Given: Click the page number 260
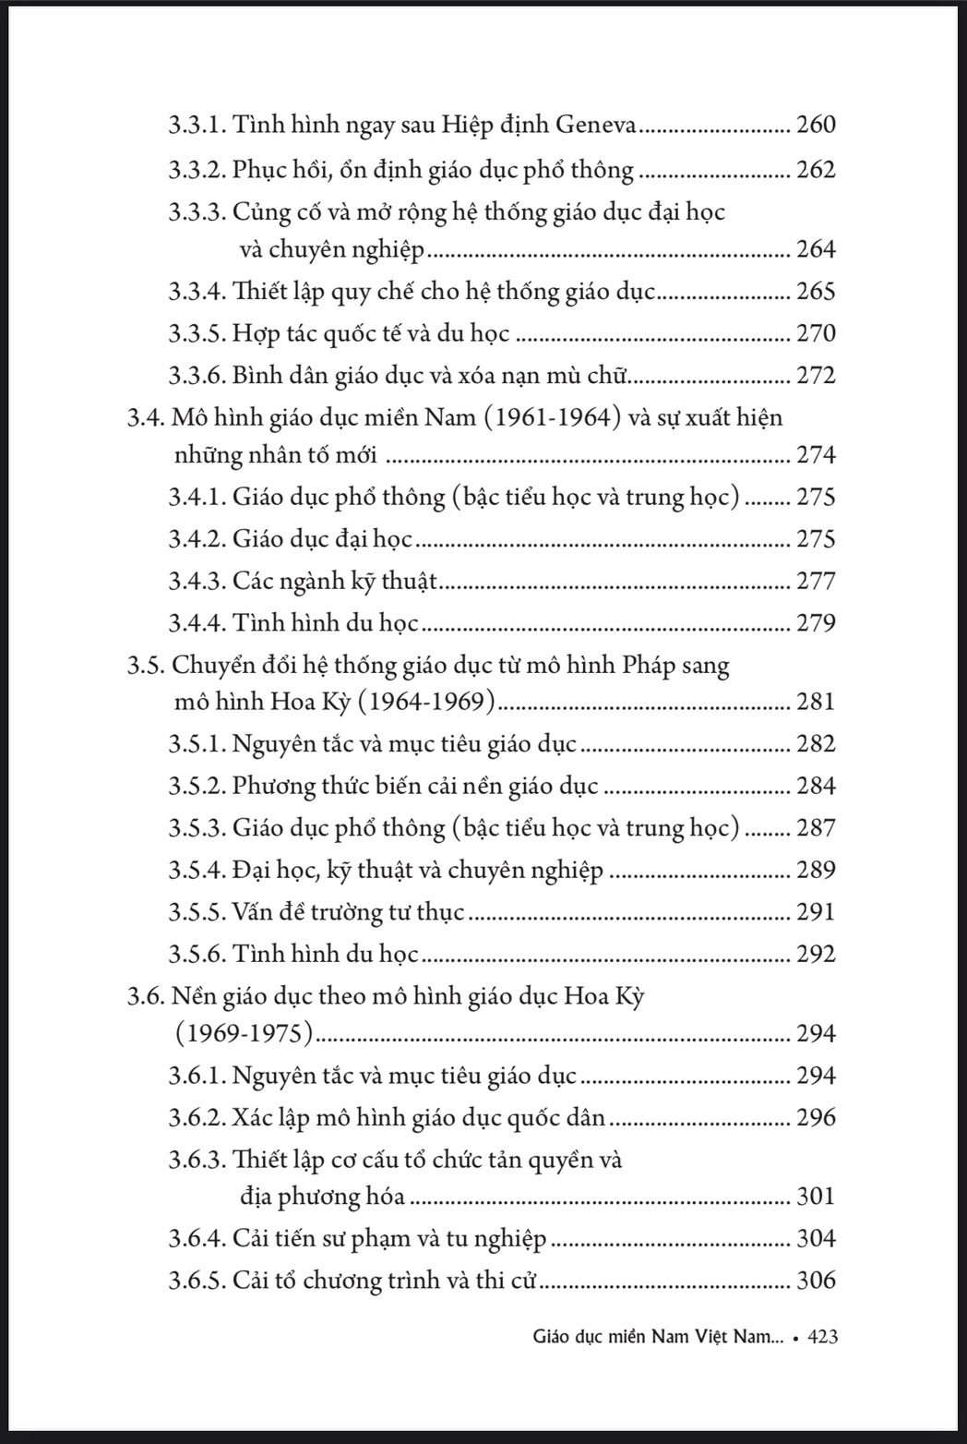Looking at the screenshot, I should tap(816, 125).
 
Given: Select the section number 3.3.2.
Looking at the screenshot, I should tap(197, 170).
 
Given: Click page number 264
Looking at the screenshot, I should tap(816, 249).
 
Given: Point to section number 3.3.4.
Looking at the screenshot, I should tap(197, 292).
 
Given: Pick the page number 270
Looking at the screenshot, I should tap(816, 333).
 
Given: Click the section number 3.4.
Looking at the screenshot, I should tap(146, 418).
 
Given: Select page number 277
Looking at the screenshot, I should tap(816, 581).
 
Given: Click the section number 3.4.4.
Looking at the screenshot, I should tap(197, 622).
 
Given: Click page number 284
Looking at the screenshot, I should tap(816, 786).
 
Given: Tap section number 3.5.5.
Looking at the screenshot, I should tap(197, 912).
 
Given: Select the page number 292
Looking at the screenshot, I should tap(816, 954).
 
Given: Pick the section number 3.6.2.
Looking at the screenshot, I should tap(197, 1118).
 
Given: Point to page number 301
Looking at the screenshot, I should tap(816, 1197).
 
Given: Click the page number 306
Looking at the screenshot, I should tap(816, 1281).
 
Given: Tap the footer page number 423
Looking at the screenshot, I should tap(822, 1336).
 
